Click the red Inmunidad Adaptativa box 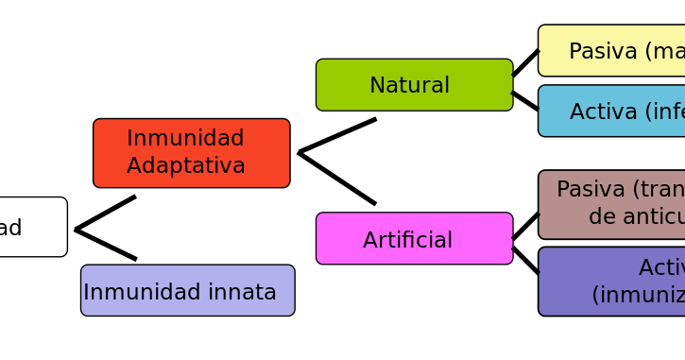click(x=191, y=152)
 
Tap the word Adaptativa click(x=186, y=166)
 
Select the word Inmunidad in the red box click(x=185, y=139)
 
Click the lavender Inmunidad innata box click(x=187, y=290)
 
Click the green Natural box click(x=414, y=85)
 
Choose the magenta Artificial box click(x=414, y=238)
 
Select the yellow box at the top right click(x=611, y=50)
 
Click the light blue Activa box click(x=611, y=111)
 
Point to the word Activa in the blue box click(x=605, y=112)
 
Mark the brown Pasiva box click(x=611, y=204)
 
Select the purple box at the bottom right click(x=611, y=281)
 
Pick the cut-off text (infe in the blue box click(x=665, y=112)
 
